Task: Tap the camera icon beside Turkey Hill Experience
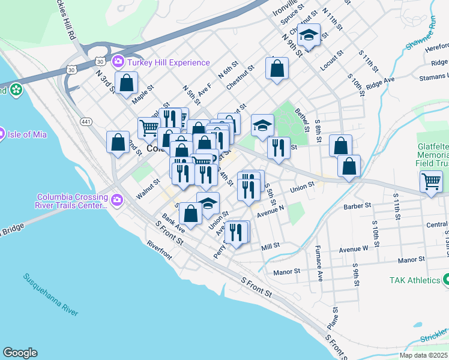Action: [x=118, y=62]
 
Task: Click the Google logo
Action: [x=20, y=353]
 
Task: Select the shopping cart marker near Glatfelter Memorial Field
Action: [x=432, y=181]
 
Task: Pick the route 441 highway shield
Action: [x=86, y=122]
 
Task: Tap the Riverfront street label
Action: [x=159, y=250]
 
